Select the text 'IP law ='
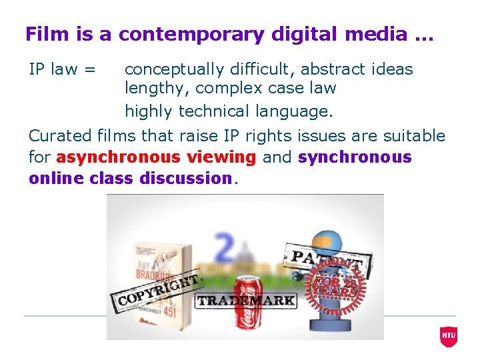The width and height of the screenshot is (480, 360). (x=62, y=69)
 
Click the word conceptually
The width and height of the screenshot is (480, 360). (x=177, y=69)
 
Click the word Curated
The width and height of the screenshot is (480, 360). (x=61, y=136)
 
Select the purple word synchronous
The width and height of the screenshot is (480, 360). (x=355, y=157)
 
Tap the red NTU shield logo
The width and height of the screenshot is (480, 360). (x=449, y=336)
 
